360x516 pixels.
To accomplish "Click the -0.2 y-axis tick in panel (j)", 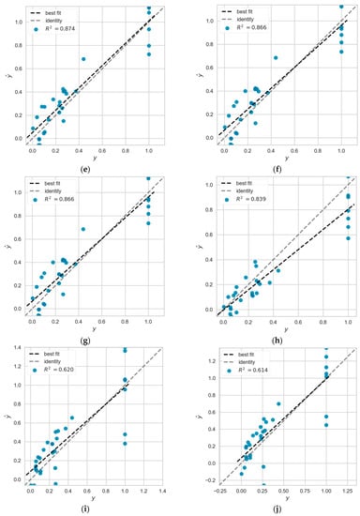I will [x=208, y=478].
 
